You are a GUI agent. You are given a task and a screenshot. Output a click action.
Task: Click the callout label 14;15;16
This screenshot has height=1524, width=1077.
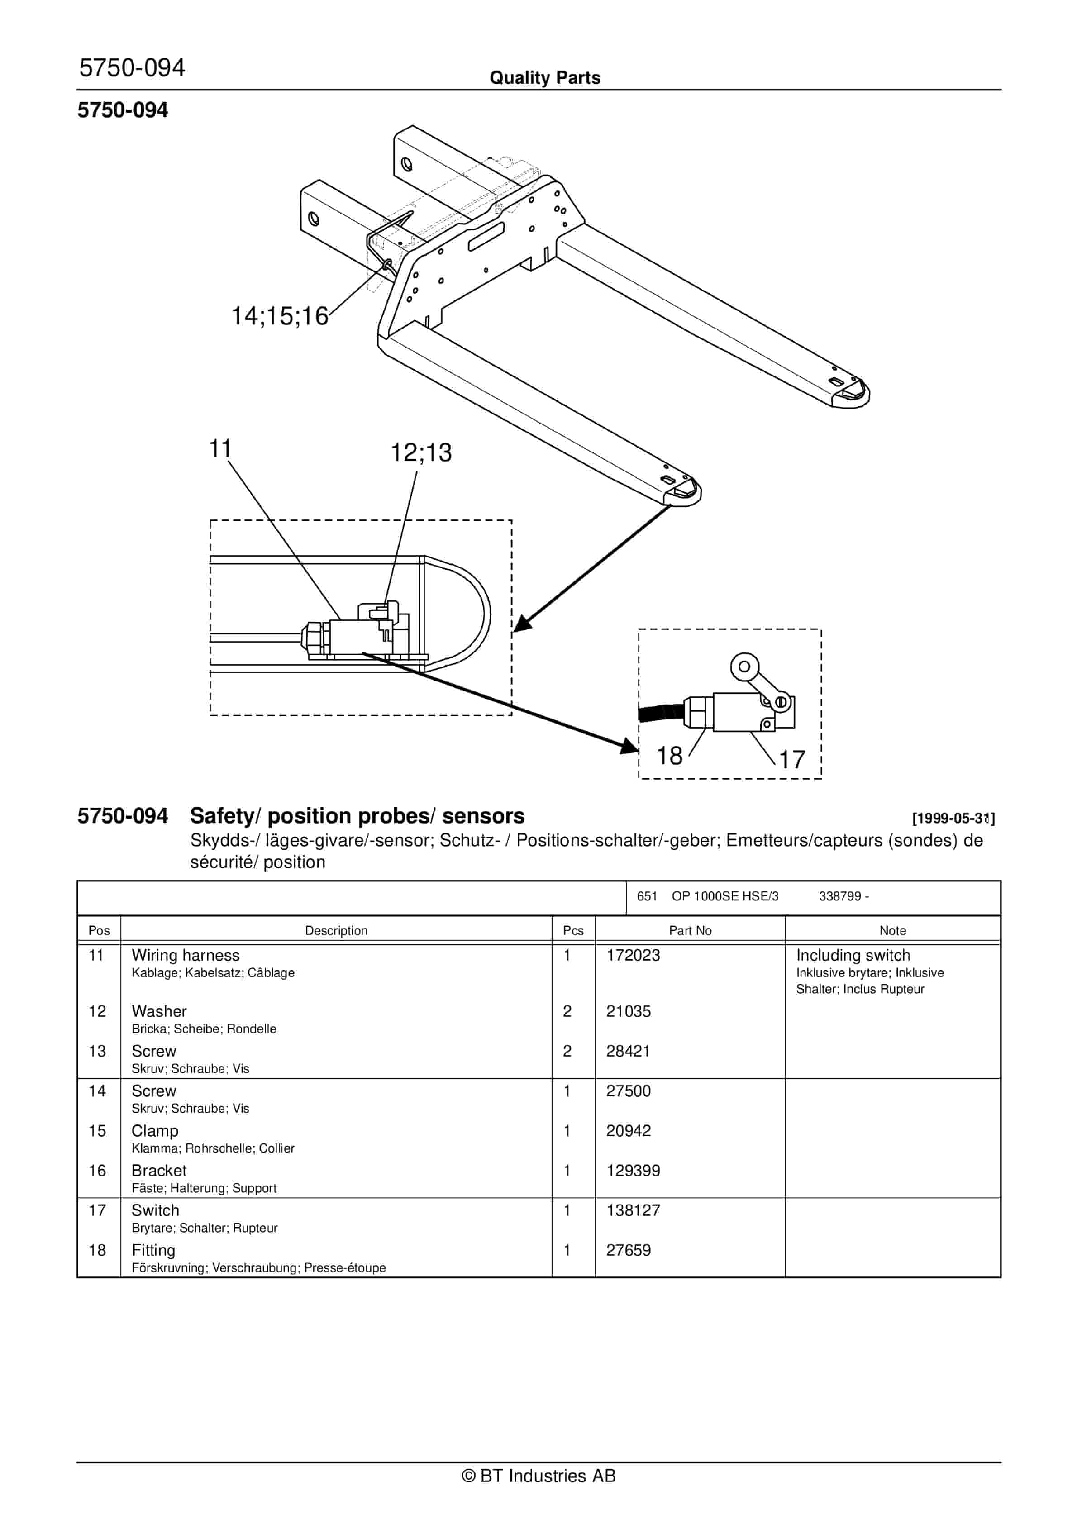click(280, 316)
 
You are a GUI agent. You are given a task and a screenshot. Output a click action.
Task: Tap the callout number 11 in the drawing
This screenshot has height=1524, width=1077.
click(220, 449)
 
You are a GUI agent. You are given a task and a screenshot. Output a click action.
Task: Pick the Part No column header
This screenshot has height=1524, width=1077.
click(690, 931)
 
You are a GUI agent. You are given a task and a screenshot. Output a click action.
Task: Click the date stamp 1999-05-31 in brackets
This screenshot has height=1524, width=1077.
click(953, 819)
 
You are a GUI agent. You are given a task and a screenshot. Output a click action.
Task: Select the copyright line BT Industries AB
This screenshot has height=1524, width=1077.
click(538, 1476)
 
